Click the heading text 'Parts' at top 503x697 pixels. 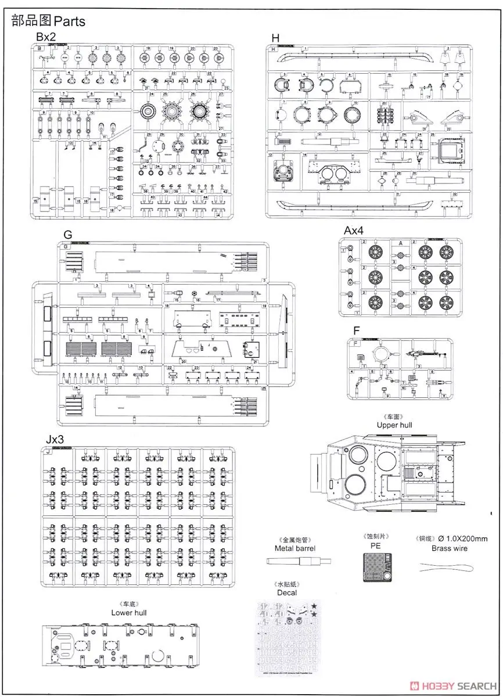point(69,21)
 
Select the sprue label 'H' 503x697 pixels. point(275,38)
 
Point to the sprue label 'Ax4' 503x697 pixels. point(353,231)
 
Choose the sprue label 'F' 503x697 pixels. point(357,330)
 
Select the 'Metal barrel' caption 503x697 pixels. point(295,548)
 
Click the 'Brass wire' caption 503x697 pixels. point(449,548)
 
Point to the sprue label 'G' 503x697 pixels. point(68,235)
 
